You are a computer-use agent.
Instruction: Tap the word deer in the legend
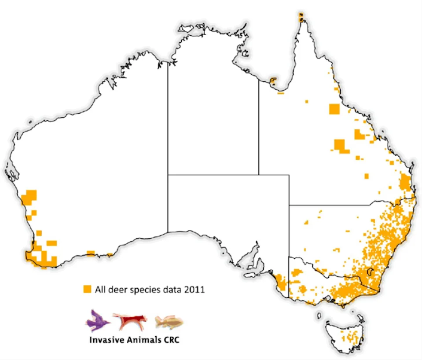pyautogui.click(x=116, y=290)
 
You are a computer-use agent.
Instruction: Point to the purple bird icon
pyautogui.click(x=98, y=320)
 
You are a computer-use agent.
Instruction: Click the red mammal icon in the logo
pyautogui.click(x=130, y=321)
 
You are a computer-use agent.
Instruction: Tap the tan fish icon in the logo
pyautogui.click(x=169, y=322)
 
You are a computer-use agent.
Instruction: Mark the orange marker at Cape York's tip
pyautogui.click(x=301, y=17)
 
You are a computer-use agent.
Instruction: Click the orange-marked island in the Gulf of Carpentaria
pyautogui.click(x=273, y=81)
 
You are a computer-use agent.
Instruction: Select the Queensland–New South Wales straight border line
pyautogui.click(x=330, y=205)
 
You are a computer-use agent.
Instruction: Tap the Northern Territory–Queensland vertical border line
pyautogui.click(x=258, y=132)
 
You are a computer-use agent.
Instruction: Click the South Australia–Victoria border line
pyautogui.click(x=289, y=277)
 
